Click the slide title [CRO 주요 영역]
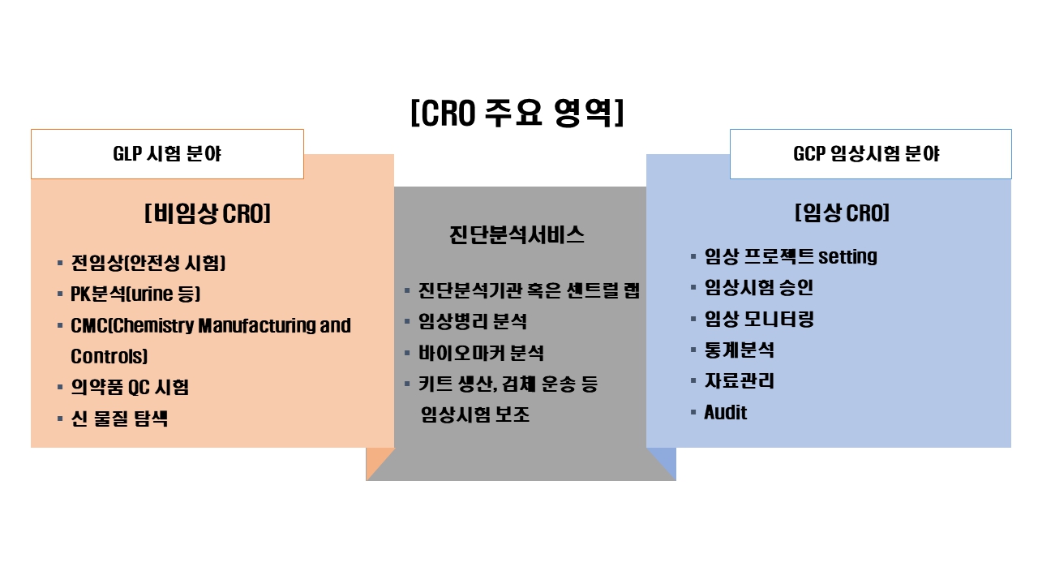(x=517, y=113)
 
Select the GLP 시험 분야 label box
(x=167, y=154)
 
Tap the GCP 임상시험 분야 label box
(x=870, y=154)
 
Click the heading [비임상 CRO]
(x=208, y=214)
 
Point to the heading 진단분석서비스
(x=517, y=235)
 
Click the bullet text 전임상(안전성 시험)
(x=148, y=263)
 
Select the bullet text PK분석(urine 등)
(x=135, y=294)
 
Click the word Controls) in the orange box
(x=109, y=356)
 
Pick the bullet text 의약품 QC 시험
(x=130, y=387)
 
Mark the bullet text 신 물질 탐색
(x=119, y=419)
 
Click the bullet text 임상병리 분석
(x=473, y=321)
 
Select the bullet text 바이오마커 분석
(x=481, y=353)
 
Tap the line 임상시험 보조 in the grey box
(x=475, y=414)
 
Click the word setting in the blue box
(x=847, y=256)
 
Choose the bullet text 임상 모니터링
(x=759, y=319)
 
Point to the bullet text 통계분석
(x=739, y=350)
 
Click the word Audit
(x=725, y=412)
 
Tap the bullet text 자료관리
(x=739, y=380)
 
